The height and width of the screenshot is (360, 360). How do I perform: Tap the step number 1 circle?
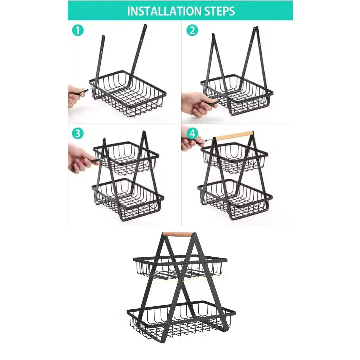77,31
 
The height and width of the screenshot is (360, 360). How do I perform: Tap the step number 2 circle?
192,31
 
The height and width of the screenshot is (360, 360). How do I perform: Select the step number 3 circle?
77,134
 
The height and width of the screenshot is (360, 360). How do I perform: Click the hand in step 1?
75,96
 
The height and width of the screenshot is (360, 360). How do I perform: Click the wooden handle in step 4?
234,135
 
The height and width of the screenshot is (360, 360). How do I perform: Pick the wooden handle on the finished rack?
178,234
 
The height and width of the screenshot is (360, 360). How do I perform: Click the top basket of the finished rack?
180,267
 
